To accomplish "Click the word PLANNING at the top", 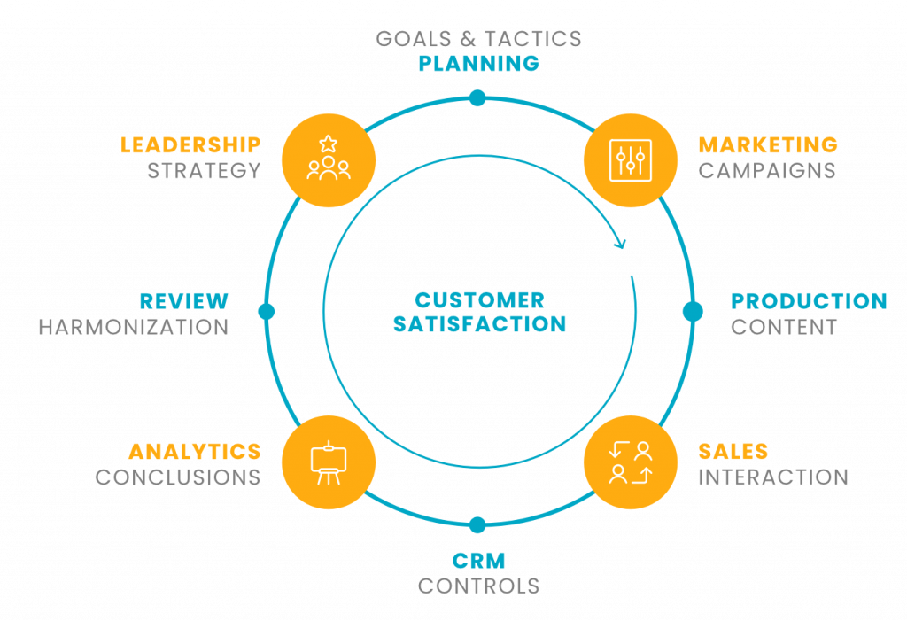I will click(478, 64).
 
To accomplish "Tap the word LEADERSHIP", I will click(190, 144).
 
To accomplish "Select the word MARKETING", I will click(768, 144).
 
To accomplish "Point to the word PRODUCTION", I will click(809, 301).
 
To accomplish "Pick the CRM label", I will click(478, 560).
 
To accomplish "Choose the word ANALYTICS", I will click(194, 452).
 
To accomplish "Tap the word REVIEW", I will click(184, 301).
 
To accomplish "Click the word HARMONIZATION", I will click(133, 327).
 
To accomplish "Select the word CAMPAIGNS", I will click(767, 170).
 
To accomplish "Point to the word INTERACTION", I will click(772, 477).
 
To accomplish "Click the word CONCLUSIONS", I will click(177, 477).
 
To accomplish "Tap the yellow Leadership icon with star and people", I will click(329, 159).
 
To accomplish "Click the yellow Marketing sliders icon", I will click(631, 159).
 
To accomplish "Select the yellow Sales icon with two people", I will click(631, 462).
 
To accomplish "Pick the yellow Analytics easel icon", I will click(329, 462).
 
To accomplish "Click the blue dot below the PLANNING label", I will click(478, 97).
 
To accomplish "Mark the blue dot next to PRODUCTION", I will click(693, 311).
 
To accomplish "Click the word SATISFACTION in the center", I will click(479, 324).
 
